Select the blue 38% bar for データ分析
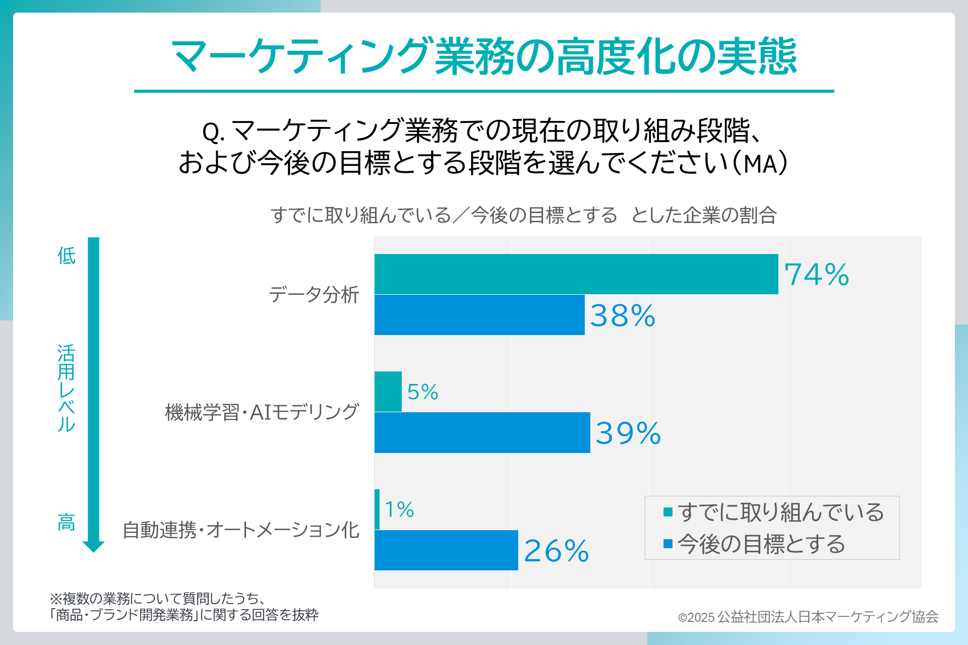pos(479,315)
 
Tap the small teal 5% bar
pos(388,392)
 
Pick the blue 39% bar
pos(482,432)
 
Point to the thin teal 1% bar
pos(377,509)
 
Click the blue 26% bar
pos(446,550)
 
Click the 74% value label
pos(816,275)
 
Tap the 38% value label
pos(623,316)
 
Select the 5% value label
pos(422,392)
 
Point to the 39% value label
pos(628,433)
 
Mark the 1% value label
pos(399,509)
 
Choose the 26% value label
pos(556,551)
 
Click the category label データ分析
pos(314,295)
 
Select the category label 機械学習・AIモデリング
pos(262,412)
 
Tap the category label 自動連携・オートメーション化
pos(241,530)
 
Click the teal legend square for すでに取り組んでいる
pos(668,512)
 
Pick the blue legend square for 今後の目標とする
pos(668,544)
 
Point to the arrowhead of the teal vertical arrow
pos(93,546)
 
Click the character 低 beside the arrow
pos(66,256)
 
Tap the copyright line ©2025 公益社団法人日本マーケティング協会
pos(808,617)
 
